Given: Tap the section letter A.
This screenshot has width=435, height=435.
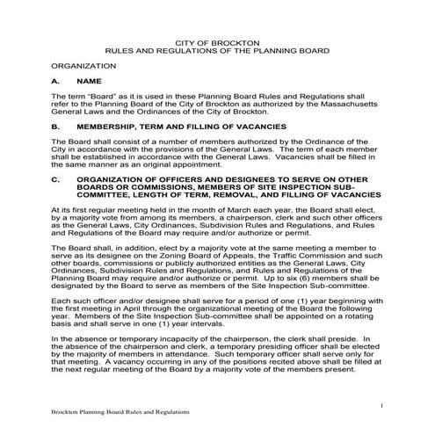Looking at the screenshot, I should tap(54, 80).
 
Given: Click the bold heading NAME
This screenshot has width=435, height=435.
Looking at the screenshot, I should tap(90, 80).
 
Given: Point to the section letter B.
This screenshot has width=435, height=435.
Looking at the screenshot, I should tap(54, 127).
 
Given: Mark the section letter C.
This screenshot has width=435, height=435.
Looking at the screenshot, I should tap(54, 179).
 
